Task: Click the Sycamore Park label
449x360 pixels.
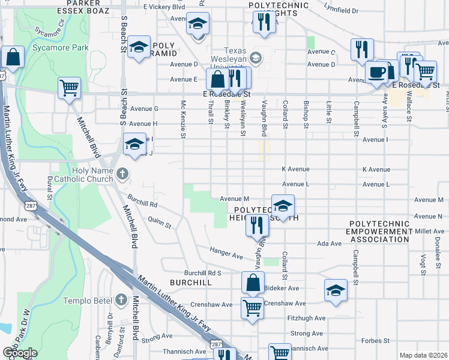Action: tap(61, 47)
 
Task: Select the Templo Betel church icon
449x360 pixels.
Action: tap(121, 299)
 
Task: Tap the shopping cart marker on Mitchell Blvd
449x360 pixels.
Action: tap(70, 88)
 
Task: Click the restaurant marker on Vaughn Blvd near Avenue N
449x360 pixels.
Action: tap(256, 226)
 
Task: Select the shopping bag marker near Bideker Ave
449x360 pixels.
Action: tap(253, 283)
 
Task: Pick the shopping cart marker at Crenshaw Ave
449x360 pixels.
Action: tap(253, 308)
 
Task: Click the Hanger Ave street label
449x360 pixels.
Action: tap(226, 253)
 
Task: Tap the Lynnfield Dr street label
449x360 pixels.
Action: tap(341, 11)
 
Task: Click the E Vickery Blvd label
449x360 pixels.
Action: tap(164, 7)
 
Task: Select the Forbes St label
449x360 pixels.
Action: tap(376, 341)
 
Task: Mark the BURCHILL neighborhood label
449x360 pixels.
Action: tap(190, 281)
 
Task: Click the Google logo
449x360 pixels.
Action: tap(20, 352)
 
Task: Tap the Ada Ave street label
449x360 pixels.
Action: tap(329, 244)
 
